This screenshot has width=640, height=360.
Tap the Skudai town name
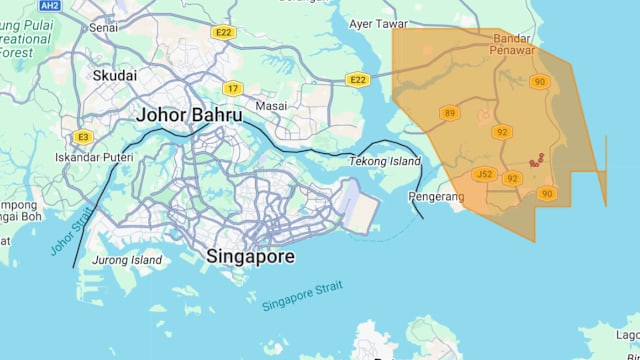115,75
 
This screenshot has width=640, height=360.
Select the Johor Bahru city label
189,115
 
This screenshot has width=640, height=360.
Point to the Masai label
271,105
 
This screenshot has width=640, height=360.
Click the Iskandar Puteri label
91,157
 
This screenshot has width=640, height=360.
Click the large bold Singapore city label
250,257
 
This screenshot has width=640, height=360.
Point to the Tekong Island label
385,161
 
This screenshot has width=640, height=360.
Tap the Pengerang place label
438,197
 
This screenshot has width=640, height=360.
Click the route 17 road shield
232,88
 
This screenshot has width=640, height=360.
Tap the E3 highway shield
82,136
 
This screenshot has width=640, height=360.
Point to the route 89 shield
449,113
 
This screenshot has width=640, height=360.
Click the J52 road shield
484,174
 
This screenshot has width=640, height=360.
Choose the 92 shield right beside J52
512,178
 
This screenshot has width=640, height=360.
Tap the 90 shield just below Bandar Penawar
540,82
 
